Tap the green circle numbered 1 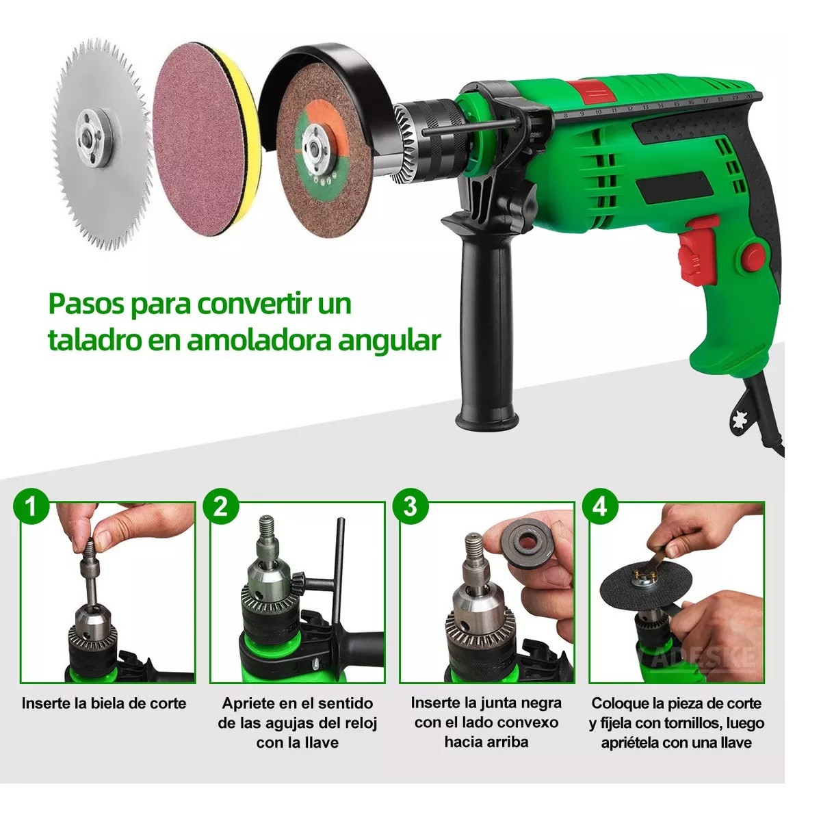pyautogui.click(x=31, y=507)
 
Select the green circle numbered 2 pyautogui.click(x=220, y=507)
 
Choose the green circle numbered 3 pyautogui.click(x=410, y=507)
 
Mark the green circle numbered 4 pyautogui.click(x=599, y=507)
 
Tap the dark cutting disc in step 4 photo pyautogui.click(x=619, y=595)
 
